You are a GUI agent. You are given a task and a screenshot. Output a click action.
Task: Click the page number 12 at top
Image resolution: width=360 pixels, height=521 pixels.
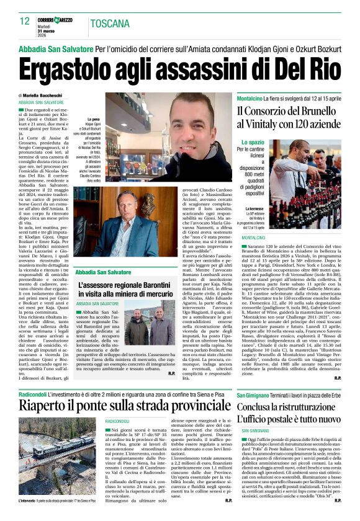[x=25, y=22]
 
